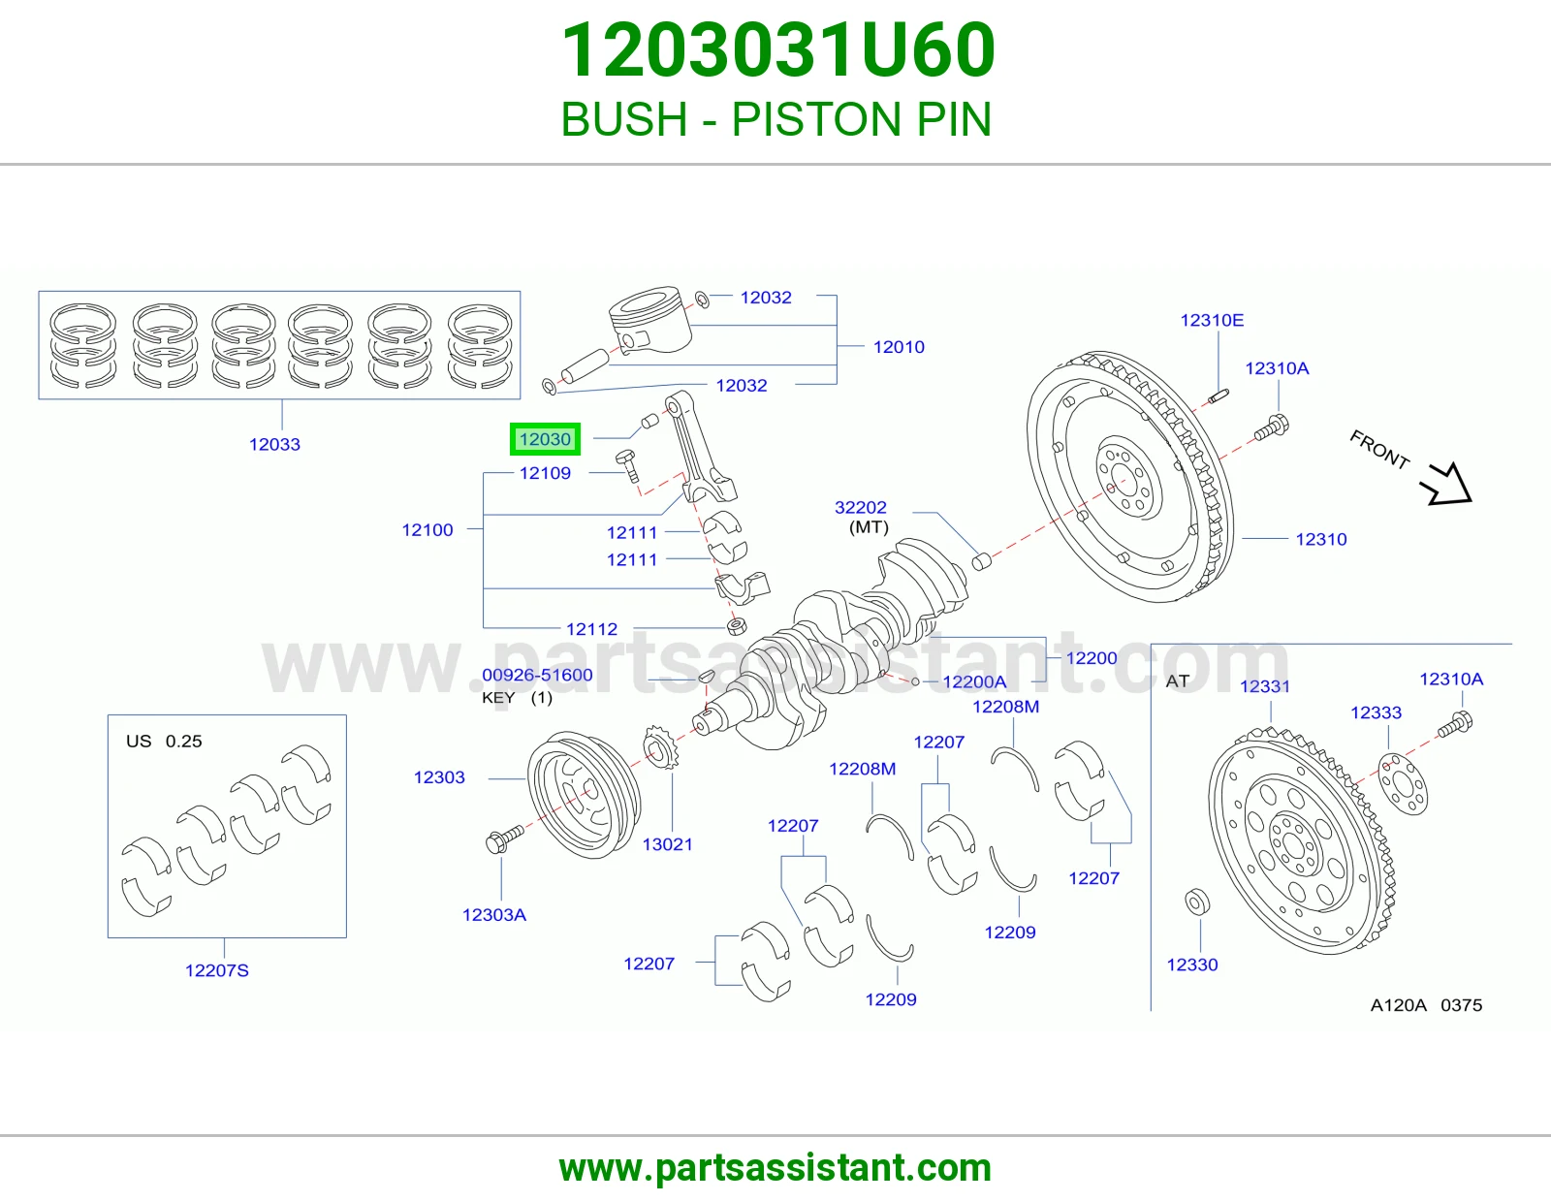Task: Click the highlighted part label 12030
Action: (545, 439)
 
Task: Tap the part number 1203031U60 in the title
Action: (778, 50)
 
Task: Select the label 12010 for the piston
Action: (899, 347)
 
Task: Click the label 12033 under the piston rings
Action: (274, 444)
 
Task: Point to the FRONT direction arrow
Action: (1446, 484)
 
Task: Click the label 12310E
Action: (1212, 320)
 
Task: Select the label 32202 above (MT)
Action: (861, 507)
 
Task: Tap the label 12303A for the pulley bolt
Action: (494, 914)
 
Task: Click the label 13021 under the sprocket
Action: (667, 844)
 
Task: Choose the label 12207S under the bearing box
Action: (217, 970)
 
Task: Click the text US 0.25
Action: (164, 741)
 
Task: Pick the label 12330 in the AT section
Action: (1192, 965)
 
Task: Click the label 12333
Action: (1377, 712)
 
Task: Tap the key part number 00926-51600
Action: (537, 675)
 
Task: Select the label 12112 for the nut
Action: (591, 629)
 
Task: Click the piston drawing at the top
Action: (651, 320)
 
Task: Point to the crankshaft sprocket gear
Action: (660, 746)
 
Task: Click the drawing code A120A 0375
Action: (1426, 1005)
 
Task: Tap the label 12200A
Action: (974, 681)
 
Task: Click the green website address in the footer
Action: (775, 1168)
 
